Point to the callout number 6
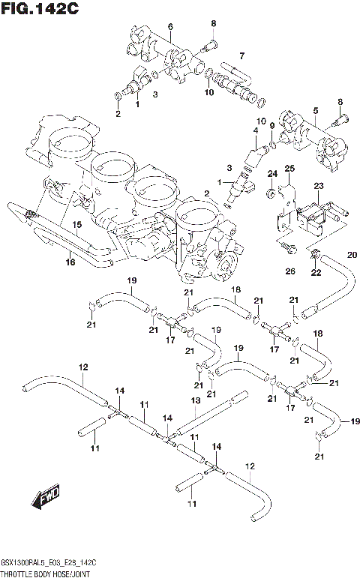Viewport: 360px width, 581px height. tap(170, 27)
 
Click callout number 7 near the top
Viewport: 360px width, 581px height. tap(241, 55)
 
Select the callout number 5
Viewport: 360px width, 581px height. tap(316, 110)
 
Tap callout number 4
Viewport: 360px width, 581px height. tap(255, 130)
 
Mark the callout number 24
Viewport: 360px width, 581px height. tap(271, 174)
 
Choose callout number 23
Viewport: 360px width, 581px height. tap(318, 186)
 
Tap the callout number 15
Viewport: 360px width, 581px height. tap(76, 224)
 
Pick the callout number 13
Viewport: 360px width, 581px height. tap(195, 401)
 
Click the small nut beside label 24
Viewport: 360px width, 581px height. tap(269, 195)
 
